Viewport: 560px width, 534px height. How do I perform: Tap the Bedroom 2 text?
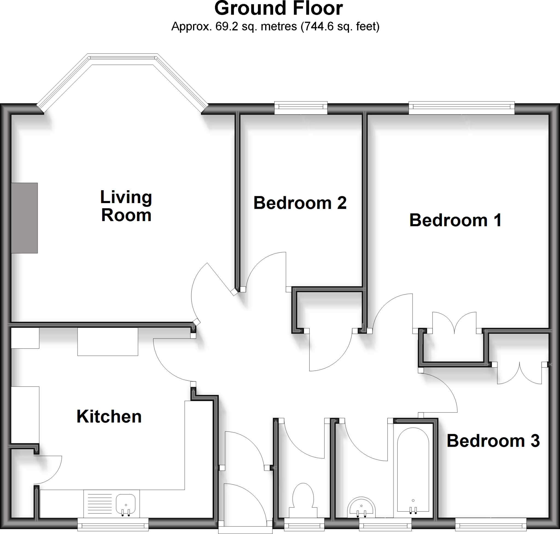click(300, 203)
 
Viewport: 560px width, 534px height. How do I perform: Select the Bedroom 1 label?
click(455, 220)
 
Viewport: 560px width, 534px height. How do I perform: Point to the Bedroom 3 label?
click(493, 441)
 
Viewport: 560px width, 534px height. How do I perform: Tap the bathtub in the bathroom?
click(413, 470)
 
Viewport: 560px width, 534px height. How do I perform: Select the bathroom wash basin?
click(361, 508)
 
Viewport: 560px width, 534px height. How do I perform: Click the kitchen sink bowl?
click(126, 504)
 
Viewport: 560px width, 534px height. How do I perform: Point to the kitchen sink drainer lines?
click(100, 504)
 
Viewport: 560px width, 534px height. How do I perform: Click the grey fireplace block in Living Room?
click(24, 218)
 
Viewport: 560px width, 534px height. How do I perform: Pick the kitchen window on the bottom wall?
click(113, 525)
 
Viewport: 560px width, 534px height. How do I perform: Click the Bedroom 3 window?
click(491, 525)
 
